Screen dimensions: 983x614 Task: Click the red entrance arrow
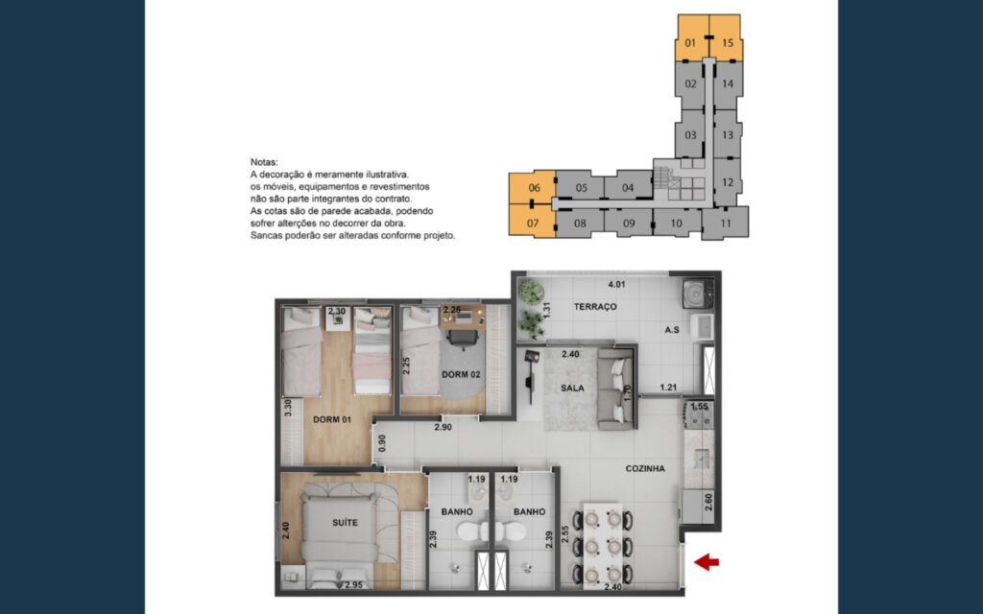coord(707,562)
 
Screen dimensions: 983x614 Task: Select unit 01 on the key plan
coord(691,37)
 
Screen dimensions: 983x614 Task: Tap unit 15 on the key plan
coord(727,37)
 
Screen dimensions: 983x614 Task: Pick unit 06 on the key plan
coord(532,187)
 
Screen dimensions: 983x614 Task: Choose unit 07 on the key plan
coord(532,221)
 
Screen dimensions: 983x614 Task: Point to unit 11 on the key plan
coord(726,223)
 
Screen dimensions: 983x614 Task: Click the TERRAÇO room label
coord(595,306)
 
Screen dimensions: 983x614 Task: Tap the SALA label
coord(572,388)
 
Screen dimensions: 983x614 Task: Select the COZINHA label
coord(645,468)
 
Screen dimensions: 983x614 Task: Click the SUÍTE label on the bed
coord(345,522)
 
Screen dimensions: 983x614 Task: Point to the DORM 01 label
coord(331,419)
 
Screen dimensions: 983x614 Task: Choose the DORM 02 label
coord(461,374)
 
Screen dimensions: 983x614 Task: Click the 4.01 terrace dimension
coord(617,284)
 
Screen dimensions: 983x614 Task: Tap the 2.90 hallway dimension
coord(444,427)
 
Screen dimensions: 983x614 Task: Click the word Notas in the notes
coord(264,161)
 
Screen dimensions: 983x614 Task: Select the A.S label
coord(672,330)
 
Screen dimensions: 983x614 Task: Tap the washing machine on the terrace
coord(698,294)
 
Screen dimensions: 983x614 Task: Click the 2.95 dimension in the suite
coord(354,585)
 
